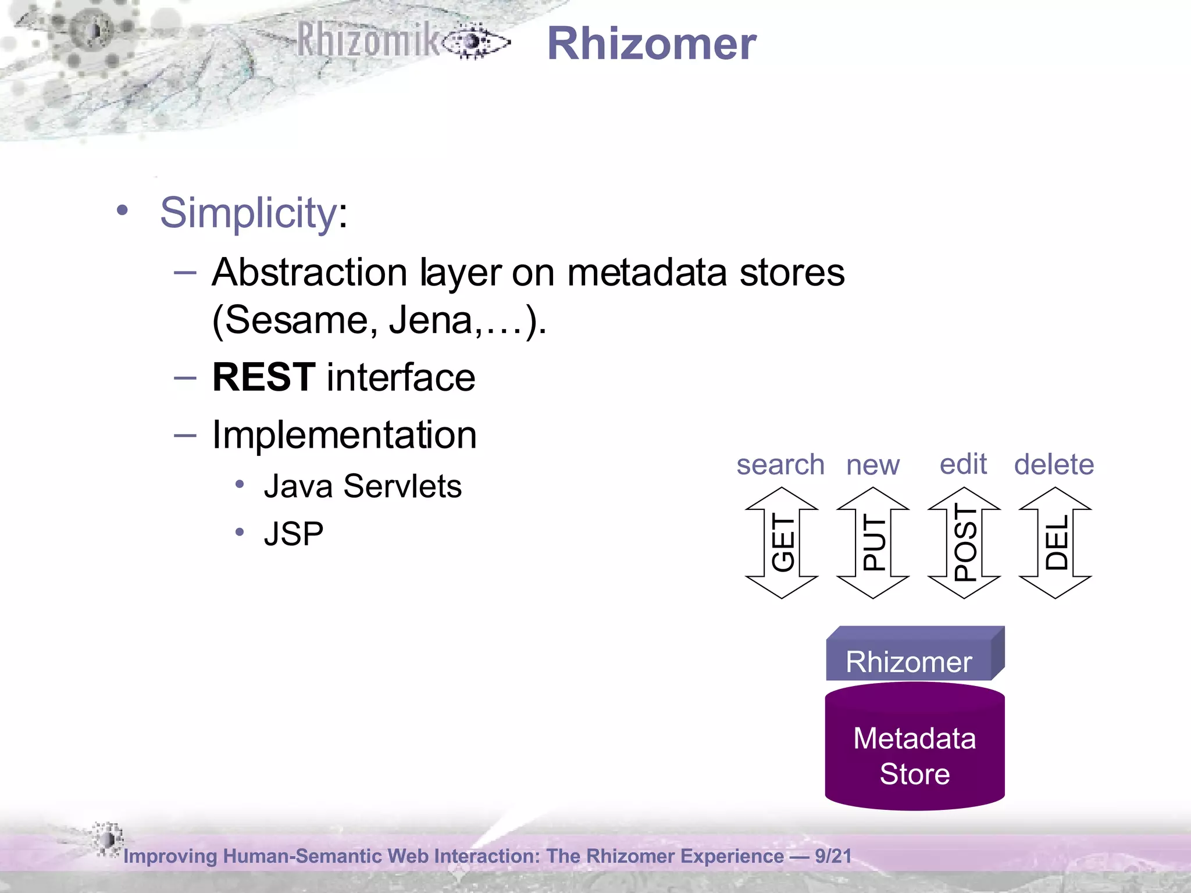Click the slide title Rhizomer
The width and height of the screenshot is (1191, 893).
coord(651,44)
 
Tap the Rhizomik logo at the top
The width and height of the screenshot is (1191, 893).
coord(401,41)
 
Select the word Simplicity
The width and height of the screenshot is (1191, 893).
coord(248,213)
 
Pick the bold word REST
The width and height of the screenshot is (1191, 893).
coord(264,377)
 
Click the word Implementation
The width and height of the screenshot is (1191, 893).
coord(344,435)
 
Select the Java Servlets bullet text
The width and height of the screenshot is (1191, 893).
coord(362,486)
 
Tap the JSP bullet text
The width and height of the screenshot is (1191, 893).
coord(294,534)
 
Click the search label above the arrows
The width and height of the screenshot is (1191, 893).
coord(780,465)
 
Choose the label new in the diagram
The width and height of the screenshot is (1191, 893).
coord(872,465)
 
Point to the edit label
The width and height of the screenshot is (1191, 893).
coord(963,464)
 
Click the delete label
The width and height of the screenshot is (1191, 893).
coord(1054,465)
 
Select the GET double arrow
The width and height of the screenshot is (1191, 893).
coord(782,542)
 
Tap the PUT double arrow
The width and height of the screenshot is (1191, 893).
coord(873,542)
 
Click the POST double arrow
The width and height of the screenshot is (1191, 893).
coord(964,542)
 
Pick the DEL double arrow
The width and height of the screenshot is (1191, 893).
coord(1055,542)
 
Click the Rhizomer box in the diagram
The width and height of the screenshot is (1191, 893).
coord(910,661)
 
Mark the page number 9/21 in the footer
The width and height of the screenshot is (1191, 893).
coord(833,856)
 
